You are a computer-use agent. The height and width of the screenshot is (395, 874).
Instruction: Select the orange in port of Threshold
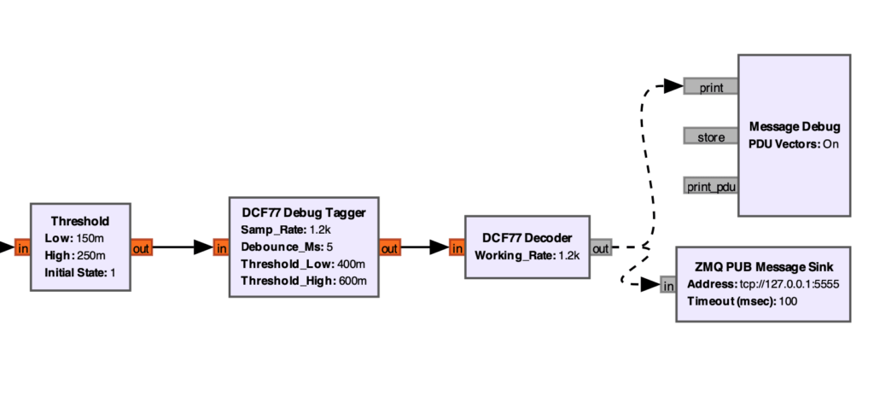(22, 247)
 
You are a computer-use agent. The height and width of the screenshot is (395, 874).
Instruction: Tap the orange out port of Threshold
(141, 247)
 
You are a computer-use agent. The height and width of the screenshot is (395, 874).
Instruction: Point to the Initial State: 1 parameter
(80, 273)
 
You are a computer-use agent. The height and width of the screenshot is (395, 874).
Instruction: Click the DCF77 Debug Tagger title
(303, 212)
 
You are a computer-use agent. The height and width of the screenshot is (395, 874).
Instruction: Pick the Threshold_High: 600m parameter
(304, 281)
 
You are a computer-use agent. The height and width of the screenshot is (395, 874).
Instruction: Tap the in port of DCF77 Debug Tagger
(222, 247)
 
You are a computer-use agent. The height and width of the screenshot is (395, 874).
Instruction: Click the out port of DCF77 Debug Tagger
(389, 247)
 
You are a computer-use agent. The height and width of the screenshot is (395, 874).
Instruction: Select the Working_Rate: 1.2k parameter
(527, 255)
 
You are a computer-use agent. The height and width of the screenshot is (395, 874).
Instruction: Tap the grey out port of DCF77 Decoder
(601, 247)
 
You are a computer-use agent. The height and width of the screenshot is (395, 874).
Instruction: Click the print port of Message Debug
(710, 86)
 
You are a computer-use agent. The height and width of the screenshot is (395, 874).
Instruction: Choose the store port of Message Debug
(710, 136)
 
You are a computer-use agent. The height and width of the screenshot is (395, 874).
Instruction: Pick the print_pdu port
(710, 185)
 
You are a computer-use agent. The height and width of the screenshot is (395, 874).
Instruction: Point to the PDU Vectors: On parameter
(794, 144)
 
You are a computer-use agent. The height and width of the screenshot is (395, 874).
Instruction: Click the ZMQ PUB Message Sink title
(764, 266)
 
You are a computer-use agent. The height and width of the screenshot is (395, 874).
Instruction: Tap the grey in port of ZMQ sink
(667, 285)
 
